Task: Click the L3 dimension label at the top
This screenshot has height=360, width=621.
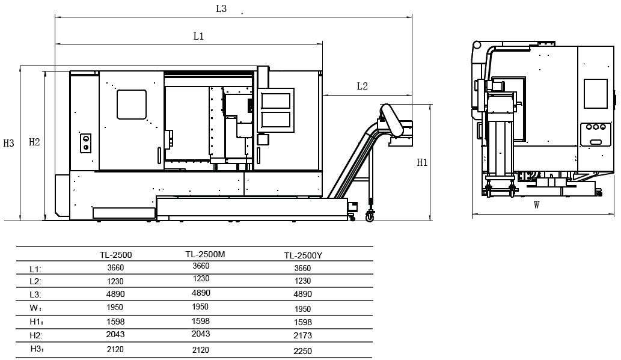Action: [x=221, y=8]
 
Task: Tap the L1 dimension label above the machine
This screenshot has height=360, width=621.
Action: [x=198, y=37]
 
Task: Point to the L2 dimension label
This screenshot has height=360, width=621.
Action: [x=363, y=86]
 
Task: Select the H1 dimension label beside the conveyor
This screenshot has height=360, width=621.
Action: [x=422, y=162]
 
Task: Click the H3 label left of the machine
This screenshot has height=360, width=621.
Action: [x=8, y=143]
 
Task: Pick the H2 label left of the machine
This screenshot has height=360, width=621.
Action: [x=34, y=142]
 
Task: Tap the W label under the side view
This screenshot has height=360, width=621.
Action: [x=537, y=205]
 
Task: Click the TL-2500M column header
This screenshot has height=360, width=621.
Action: [x=205, y=254]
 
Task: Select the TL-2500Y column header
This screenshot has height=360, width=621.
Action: [x=304, y=255]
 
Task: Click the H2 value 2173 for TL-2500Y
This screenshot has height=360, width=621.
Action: [x=303, y=335]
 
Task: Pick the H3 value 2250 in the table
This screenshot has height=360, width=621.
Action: [x=303, y=351]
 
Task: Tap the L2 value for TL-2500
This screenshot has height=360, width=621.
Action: [x=115, y=281]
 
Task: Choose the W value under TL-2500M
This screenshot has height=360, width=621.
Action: [x=200, y=307]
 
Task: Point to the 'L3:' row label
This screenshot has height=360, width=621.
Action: [x=35, y=294]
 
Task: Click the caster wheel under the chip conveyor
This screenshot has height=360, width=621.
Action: [x=370, y=216]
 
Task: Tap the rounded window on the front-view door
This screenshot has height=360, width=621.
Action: [x=132, y=105]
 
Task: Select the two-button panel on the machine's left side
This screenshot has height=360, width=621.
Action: [x=85, y=143]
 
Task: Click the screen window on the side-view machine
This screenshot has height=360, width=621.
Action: [x=596, y=94]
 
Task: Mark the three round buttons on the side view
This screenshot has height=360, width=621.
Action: [x=596, y=127]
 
